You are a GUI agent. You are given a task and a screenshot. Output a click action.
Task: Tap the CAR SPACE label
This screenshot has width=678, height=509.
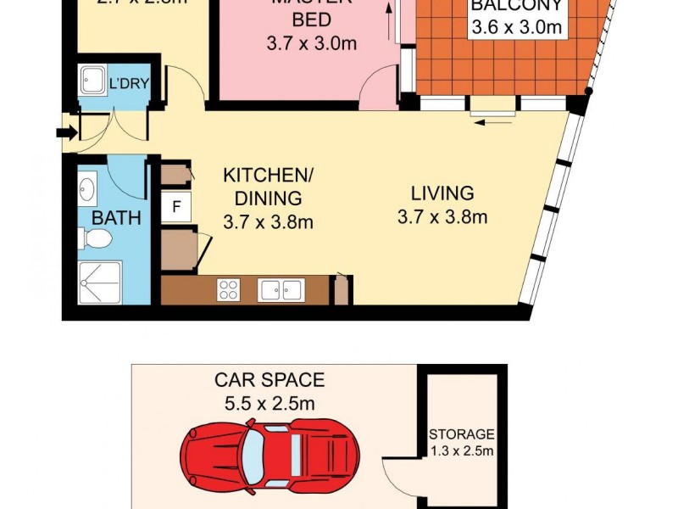coord(269,380)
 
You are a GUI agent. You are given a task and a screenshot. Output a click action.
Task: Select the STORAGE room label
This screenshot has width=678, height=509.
coord(461,433)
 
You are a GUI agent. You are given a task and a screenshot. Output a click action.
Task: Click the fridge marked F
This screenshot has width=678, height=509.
coord(176,206)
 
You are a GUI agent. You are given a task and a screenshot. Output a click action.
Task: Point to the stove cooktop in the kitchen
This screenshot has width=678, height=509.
coord(228,290)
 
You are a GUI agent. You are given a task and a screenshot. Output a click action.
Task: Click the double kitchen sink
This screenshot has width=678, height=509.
coord(281,290)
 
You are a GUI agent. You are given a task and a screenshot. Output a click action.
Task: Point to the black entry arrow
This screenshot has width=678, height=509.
coord(64,132)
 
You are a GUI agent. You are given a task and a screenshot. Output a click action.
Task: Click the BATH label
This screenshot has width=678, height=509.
coord(116,218)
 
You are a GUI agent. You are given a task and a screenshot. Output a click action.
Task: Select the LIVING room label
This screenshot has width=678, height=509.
coord(442,193)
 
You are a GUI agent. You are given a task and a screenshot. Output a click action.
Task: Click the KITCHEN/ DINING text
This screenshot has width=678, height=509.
coord(268,187)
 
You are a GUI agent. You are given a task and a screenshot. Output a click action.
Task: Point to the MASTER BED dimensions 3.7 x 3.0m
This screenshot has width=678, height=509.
coord(311,43)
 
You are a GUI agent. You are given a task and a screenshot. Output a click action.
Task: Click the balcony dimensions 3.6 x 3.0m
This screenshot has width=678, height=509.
coord(517,27)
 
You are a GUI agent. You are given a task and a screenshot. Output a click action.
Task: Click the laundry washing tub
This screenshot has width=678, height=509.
coord(90,80)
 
